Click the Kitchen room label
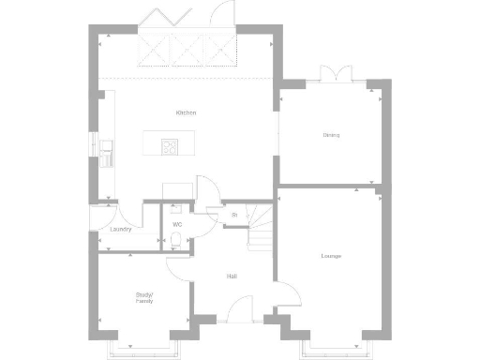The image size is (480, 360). (x=186, y=113)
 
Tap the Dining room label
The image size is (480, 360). (x=331, y=136)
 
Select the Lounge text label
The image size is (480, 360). (x=330, y=256)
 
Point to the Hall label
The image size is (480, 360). (x=231, y=276)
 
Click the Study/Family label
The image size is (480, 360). (x=143, y=299)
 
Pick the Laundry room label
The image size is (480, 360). (x=120, y=229)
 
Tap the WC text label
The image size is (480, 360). (x=176, y=225)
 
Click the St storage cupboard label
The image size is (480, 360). (x=233, y=216)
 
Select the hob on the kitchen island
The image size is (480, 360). (x=171, y=145)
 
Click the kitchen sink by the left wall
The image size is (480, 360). (x=108, y=148)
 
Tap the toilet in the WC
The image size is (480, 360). (x=176, y=242)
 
